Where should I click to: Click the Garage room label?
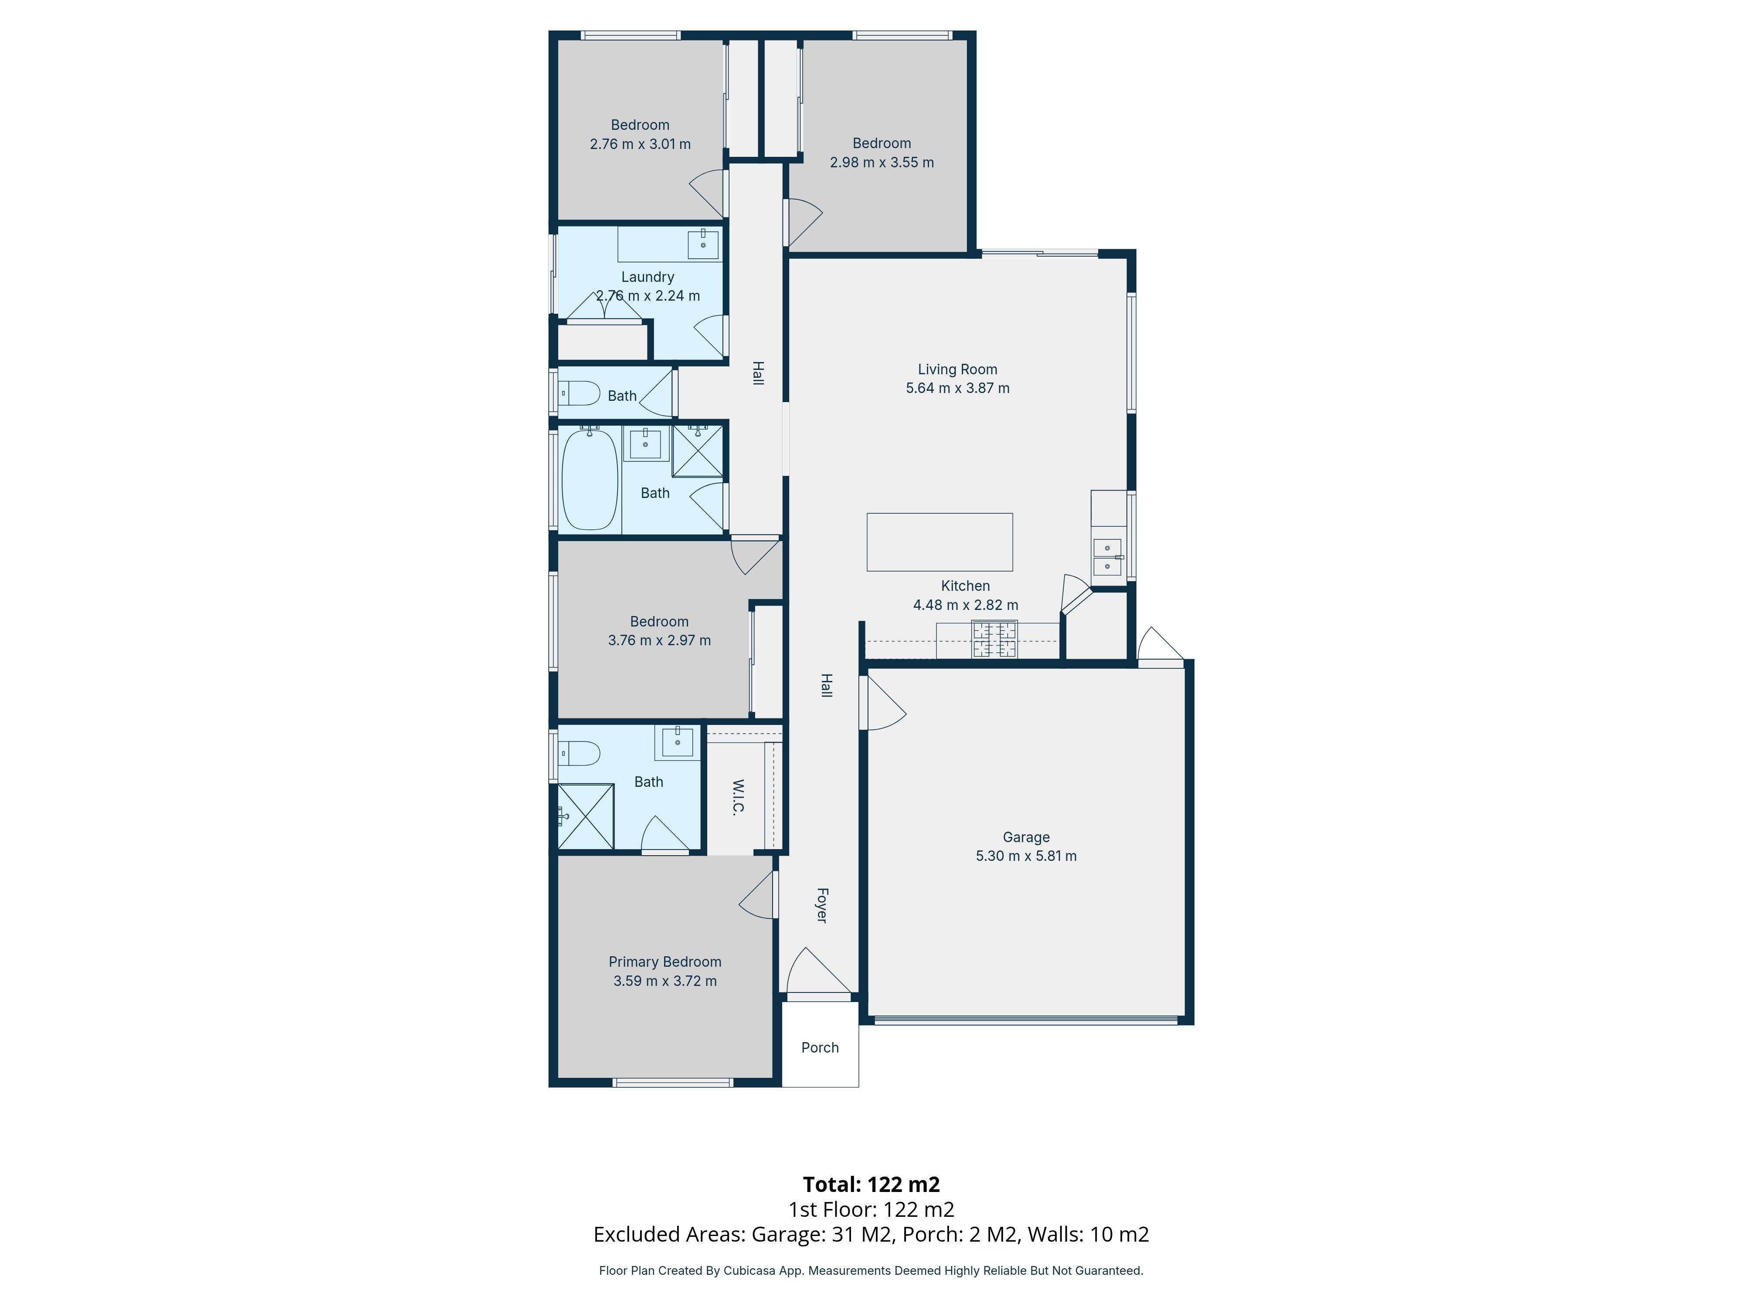tap(1025, 836)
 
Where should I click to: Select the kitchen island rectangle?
tap(939, 542)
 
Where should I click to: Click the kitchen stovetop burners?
tap(994, 639)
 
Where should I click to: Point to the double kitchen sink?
tap(1107, 557)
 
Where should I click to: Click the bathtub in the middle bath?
tap(590, 480)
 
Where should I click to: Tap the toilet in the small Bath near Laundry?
tap(579, 393)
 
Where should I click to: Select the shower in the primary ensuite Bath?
tap(586, 816)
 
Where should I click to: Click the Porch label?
tap(820, 1047)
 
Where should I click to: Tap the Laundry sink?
tap(703, 244)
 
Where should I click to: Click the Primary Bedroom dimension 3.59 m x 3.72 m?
tap(665, 981)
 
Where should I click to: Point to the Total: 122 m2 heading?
tap(871, 1184)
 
